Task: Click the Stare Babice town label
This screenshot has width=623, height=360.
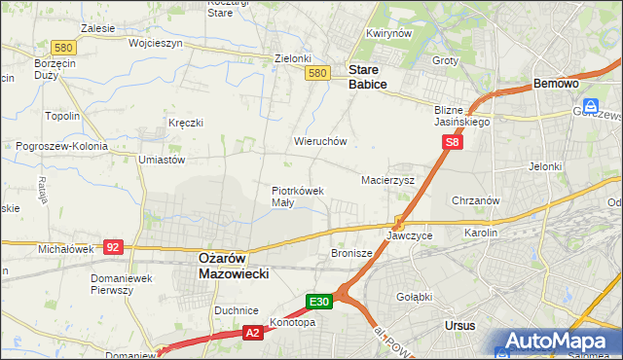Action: (368, 78)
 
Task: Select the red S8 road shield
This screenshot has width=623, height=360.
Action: (452, 143)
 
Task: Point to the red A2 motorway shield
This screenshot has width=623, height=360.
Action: (252, 333)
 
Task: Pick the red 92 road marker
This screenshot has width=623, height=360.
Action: (113, 247)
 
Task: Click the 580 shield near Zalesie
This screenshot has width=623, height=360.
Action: (64, 47)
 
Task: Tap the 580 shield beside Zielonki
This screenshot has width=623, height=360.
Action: (316, 73)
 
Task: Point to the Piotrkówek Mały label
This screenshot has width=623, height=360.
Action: (297, 197)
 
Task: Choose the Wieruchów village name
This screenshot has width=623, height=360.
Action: (320, 141)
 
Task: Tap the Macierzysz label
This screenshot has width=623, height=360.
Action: (388, 180)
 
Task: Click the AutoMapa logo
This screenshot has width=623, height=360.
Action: (558, 341)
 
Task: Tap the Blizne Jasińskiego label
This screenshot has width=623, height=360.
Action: (462, 117)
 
